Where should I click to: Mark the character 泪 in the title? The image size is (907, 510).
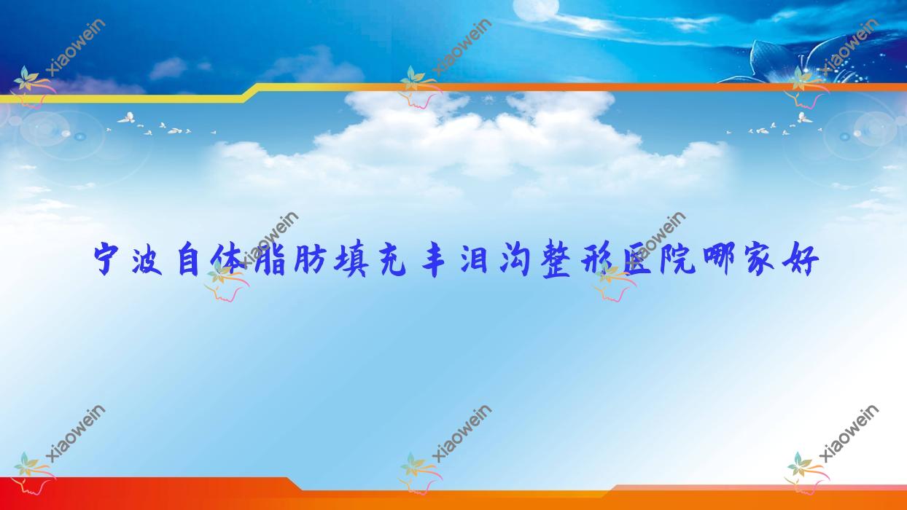pyautogui.click(x=477, y=261)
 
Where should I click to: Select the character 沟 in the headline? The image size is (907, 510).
pyautogui.click(x=518, y=261)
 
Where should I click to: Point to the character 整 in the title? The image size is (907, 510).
pyautogui.click(x=558, y=261)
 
